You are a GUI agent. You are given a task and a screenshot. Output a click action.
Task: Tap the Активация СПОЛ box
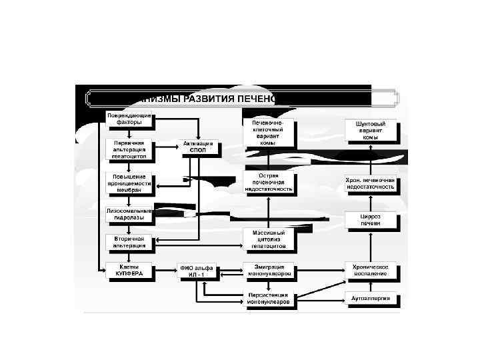[199, 147]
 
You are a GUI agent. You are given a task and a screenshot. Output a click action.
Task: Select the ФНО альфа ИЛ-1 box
[198, 271]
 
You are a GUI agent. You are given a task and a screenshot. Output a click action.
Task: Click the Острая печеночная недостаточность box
[268, 182]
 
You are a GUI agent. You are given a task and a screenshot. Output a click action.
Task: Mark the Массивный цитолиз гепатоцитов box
[268, 239]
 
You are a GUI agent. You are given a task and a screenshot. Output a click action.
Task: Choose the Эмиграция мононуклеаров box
[268, 271]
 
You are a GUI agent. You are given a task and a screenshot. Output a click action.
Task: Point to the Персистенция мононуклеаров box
[268, 298]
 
